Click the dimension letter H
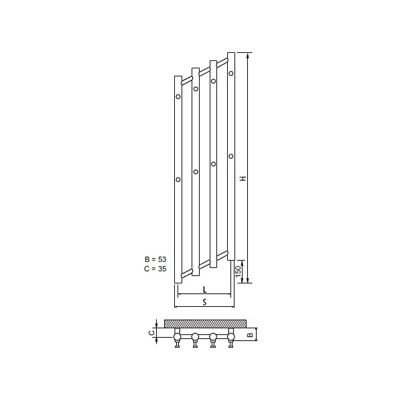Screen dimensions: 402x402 click(x=243, y=178)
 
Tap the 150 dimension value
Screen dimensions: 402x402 click(x=238, y=271)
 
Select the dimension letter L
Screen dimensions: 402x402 click(x=204, y=290)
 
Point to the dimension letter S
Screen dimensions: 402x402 click(x=204, y=303)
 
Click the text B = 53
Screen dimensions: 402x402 click(x=155, y=259)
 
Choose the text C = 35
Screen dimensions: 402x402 click(x=155, y=269)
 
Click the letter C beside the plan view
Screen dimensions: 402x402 click(x=152, y=333)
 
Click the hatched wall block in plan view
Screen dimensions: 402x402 click(x=205, y=324)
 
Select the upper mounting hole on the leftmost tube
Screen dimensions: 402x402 click(x=178, y=96)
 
